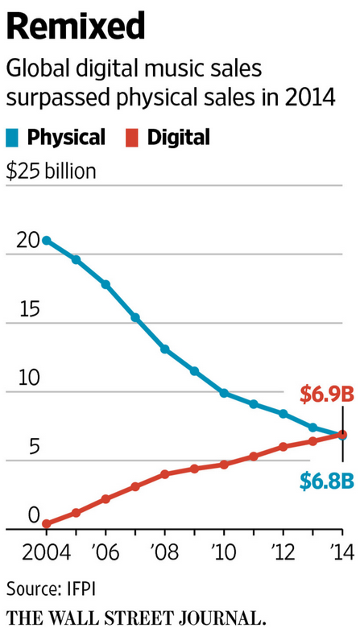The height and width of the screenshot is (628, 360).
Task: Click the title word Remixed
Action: (77, 26)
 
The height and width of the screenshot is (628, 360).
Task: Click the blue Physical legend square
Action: (14, 138)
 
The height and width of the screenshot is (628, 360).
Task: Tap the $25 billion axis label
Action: (51, 171)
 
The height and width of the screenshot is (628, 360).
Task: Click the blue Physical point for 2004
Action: (47, 241)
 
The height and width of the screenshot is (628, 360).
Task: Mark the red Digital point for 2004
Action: (47, 523)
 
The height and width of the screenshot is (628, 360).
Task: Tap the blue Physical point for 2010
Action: (224, 394)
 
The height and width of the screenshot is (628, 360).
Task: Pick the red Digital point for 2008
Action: (164, 474)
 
